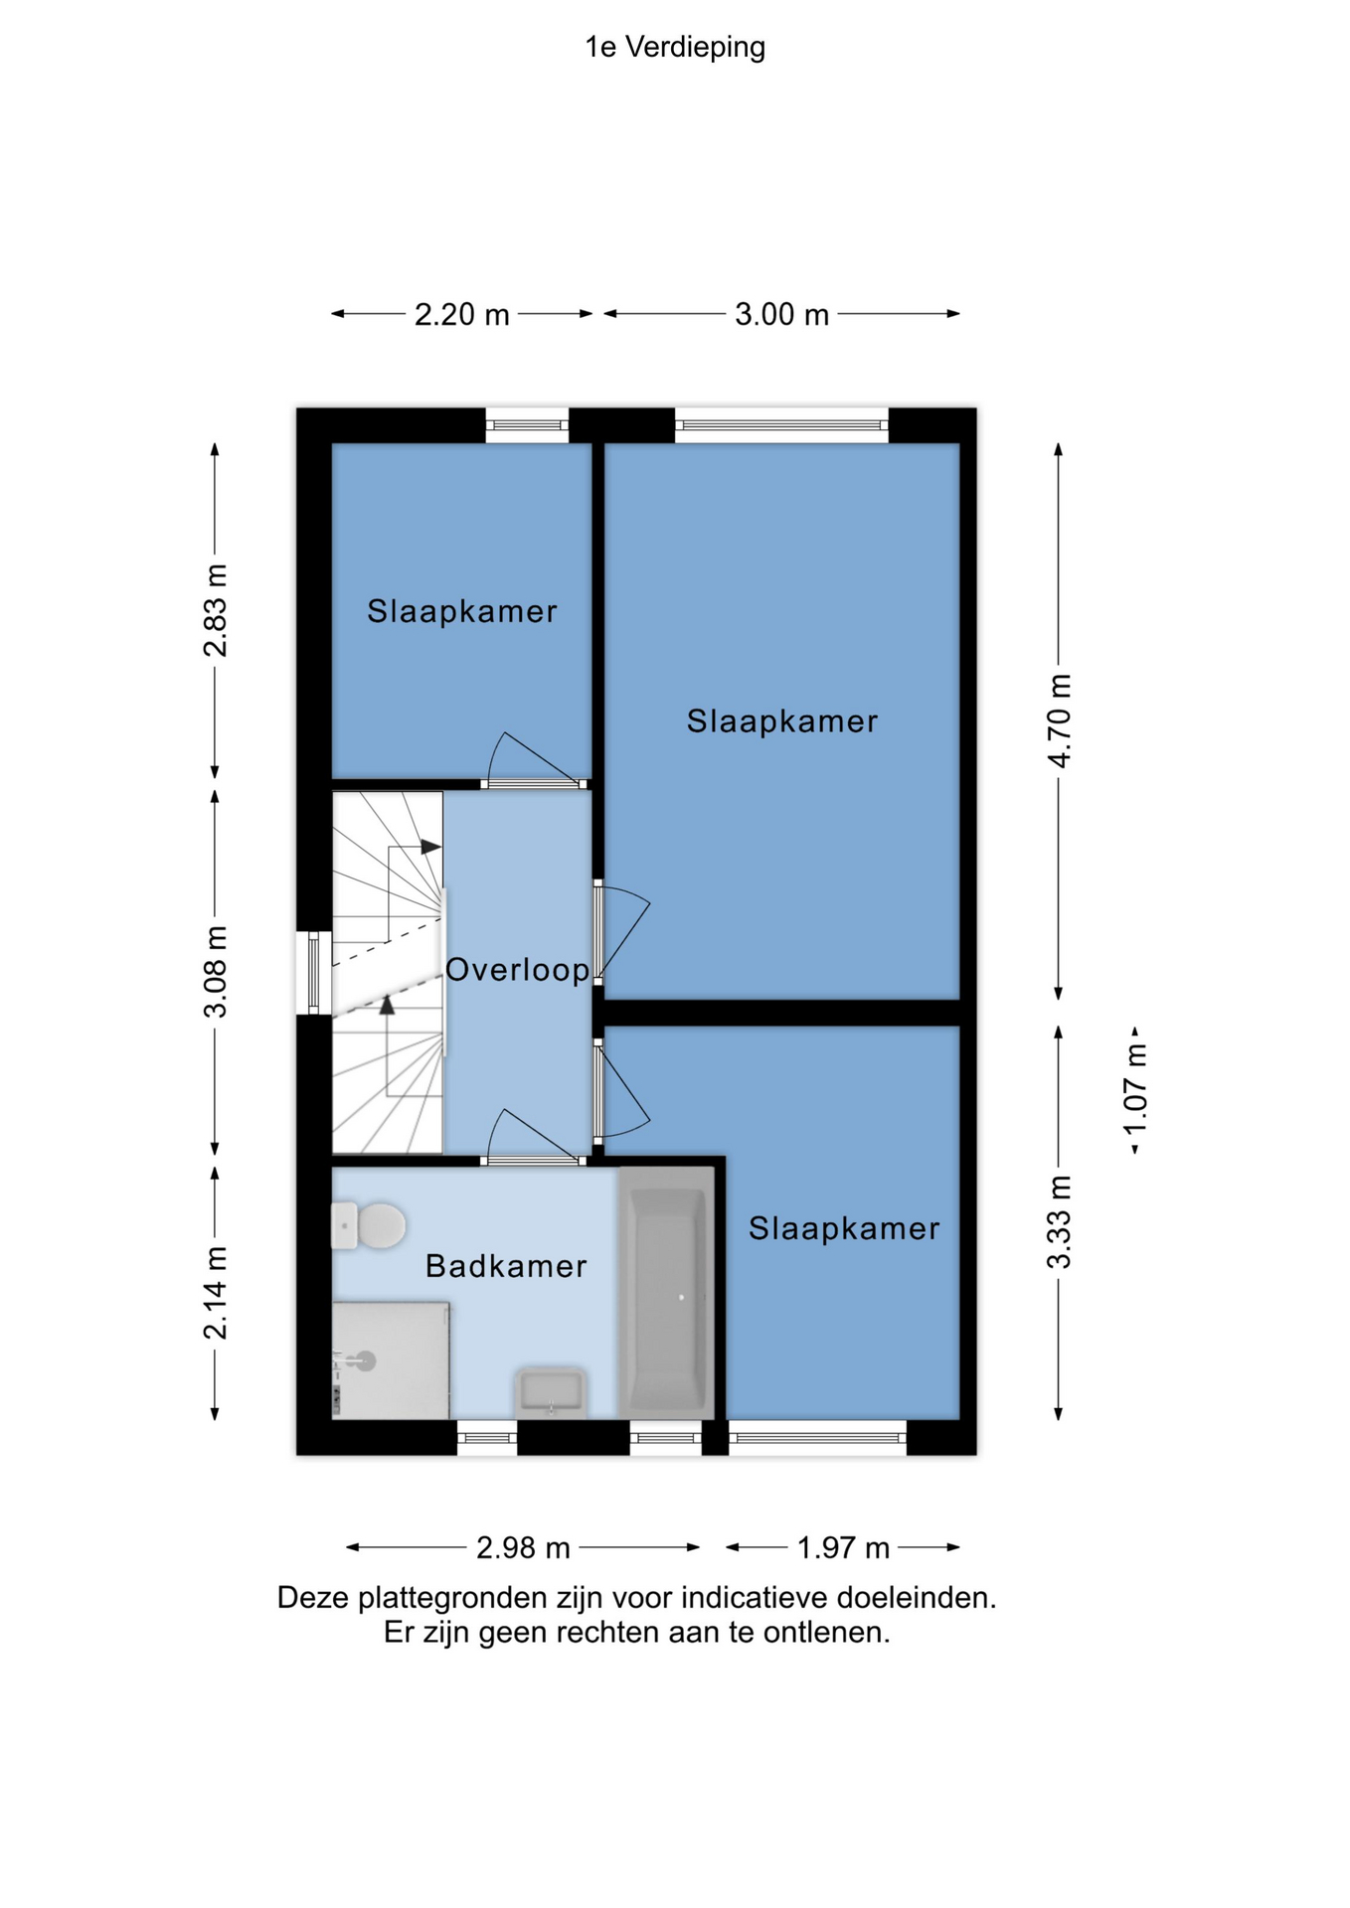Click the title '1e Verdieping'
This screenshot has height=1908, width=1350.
675,47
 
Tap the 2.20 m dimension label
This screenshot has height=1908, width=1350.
461,315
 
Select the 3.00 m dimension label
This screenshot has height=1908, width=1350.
781,315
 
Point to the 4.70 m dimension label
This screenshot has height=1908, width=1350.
1060,720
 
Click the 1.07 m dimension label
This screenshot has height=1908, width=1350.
1135,1089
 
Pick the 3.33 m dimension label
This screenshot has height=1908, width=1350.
1060,1222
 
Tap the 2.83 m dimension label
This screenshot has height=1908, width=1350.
216,610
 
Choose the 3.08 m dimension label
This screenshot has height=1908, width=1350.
216,972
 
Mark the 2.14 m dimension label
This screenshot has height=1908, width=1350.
216,1292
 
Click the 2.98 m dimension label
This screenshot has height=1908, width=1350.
523,1548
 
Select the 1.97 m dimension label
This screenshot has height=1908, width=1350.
843,1548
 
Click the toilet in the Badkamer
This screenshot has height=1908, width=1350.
369,1225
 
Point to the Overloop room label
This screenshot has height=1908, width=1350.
517,970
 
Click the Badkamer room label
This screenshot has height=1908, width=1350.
506,1266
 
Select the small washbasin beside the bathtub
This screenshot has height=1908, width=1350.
550,1392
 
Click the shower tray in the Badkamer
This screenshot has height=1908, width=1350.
391,1360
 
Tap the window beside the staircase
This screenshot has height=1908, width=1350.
314,973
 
